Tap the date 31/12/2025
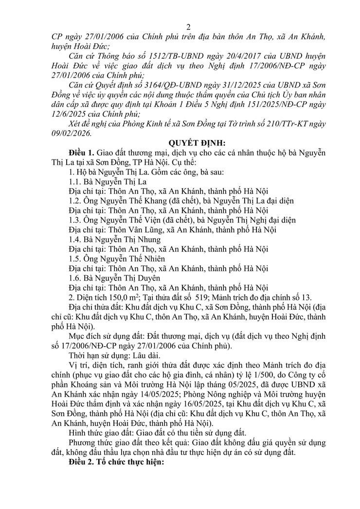pos(228,83)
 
